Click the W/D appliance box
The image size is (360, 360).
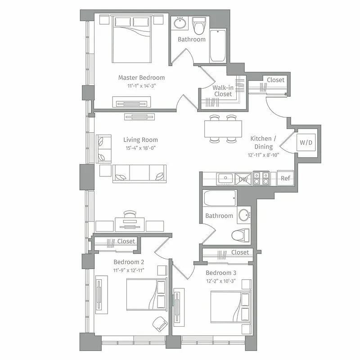coord(306,143)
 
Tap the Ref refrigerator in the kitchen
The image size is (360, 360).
coord(285,178)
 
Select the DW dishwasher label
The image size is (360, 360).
coord(243,179)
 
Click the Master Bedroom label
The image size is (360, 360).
coord(141,77)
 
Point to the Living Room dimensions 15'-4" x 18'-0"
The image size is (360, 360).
coord(140,148)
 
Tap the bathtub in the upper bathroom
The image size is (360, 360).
coord(218,45)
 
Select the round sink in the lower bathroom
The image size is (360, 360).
coord(244,215)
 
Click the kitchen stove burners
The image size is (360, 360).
coord(261,178)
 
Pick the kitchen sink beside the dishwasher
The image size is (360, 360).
coord(225,179)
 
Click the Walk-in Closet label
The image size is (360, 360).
coord(223,91)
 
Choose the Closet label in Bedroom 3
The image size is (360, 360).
coord(240,252)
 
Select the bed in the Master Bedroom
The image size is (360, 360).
coord(131,40)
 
